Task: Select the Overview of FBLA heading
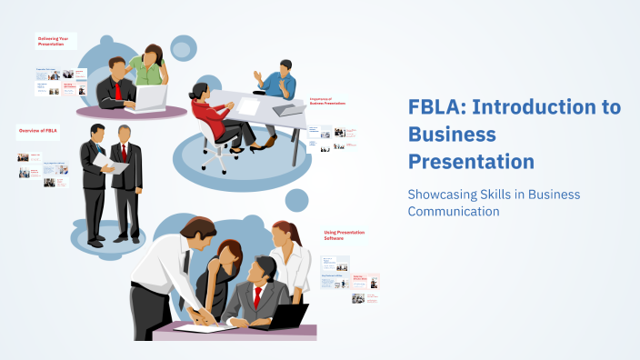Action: click(39, 132)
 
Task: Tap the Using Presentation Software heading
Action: click(345, 235)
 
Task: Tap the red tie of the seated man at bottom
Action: click(258, 296)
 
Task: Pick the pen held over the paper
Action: click(201, 315)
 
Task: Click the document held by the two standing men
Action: click(109, 163)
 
